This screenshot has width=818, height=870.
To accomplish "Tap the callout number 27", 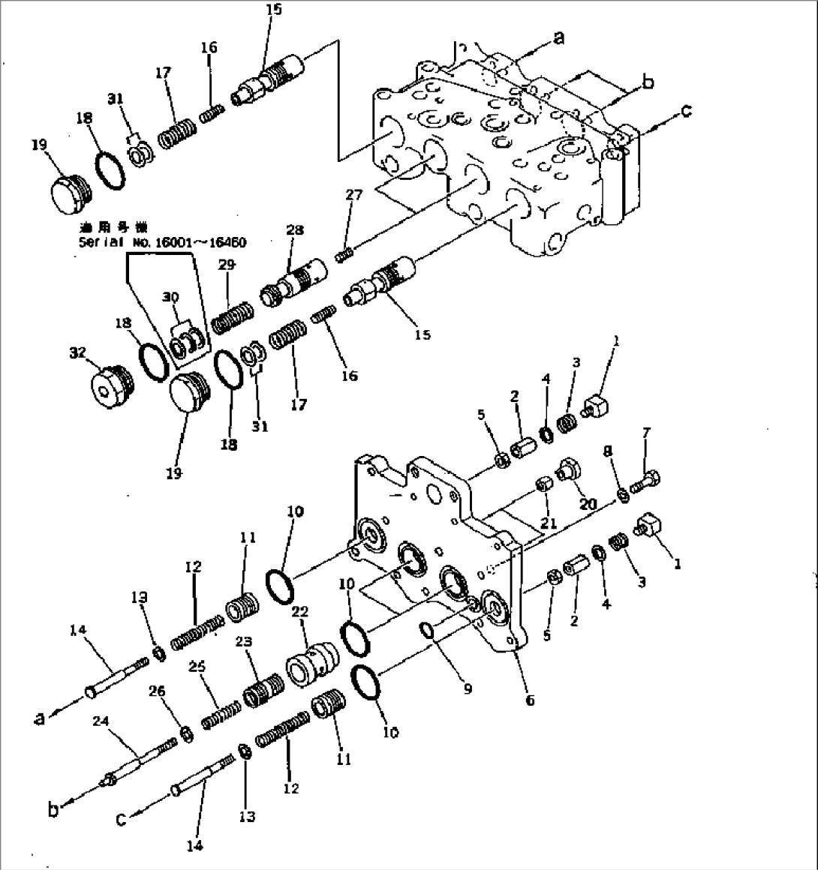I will pyautogui.click(x=353, y=195).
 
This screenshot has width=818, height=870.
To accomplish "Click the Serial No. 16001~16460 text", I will pyautogui.click(x=162, y=242).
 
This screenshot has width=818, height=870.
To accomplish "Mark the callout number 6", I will pyautogui.click(x=530, y=700).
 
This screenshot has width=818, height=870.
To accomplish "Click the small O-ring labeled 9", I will pyautogui.click(x=429, y=631).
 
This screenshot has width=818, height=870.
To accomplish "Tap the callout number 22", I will pyautogui.click(x=300, y=613).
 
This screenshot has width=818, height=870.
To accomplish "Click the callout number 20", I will pyautogui.click(x=587, y=505).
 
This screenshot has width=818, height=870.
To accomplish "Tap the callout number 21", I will pyautogui.click(x=549, y=523).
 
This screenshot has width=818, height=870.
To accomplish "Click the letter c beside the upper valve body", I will pyautogui.click(x=685, y=110).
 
